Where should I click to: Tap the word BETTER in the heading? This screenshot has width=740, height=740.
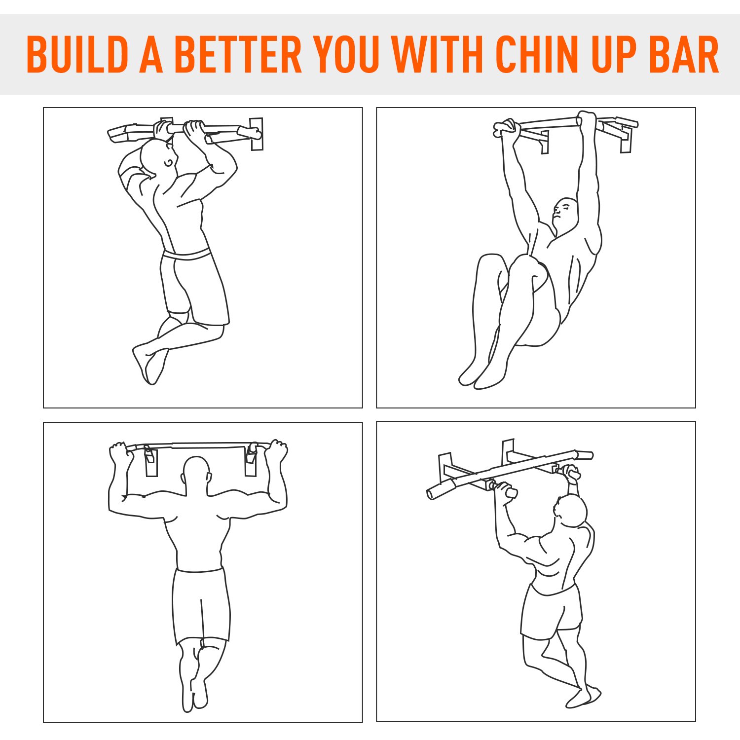pos(238,54)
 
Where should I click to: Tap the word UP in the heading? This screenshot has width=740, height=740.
pos(611,54)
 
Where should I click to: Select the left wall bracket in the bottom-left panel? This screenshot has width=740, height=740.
pos(151,461)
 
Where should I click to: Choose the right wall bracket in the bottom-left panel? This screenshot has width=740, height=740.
pos(251,461)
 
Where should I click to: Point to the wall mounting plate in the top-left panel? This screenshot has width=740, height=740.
pos(257,134)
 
